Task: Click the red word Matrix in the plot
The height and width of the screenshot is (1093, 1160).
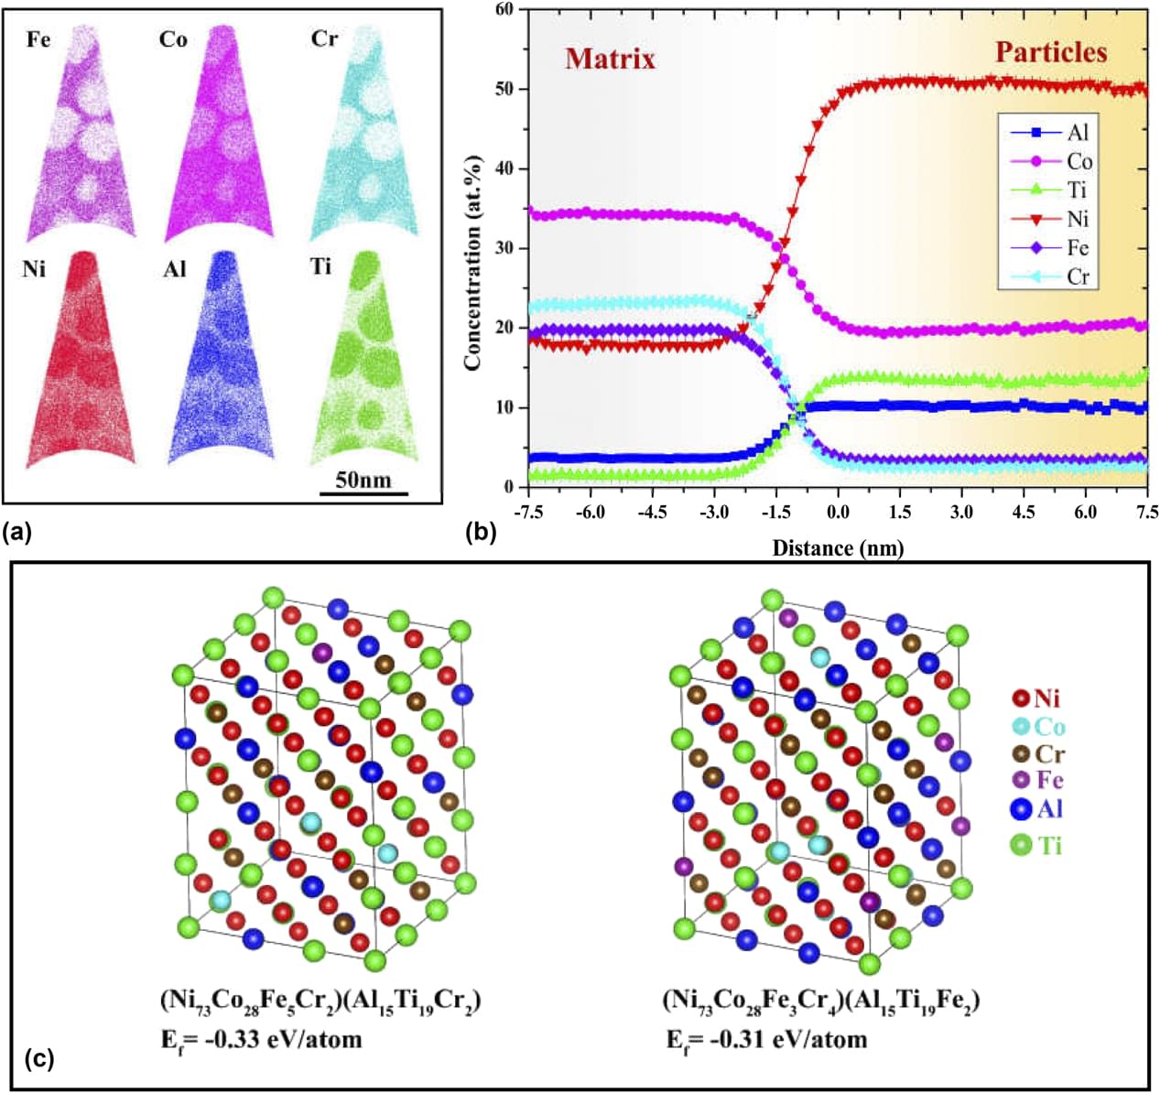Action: coord(610,60)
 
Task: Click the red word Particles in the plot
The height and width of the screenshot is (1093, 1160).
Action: coord(1051,52)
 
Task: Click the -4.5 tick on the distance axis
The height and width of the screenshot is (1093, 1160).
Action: coord(652,513)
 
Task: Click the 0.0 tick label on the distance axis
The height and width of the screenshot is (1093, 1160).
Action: coord(838,513)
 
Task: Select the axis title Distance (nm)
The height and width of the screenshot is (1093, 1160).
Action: coord(838,548)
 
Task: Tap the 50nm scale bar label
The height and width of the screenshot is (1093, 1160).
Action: coord(363,480)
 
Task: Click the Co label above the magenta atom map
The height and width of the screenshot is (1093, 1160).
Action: coord(173,40)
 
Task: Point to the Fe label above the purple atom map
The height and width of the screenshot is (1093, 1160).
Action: coord(38,40)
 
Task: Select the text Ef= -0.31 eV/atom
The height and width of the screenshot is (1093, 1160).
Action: coord(765,1039)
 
